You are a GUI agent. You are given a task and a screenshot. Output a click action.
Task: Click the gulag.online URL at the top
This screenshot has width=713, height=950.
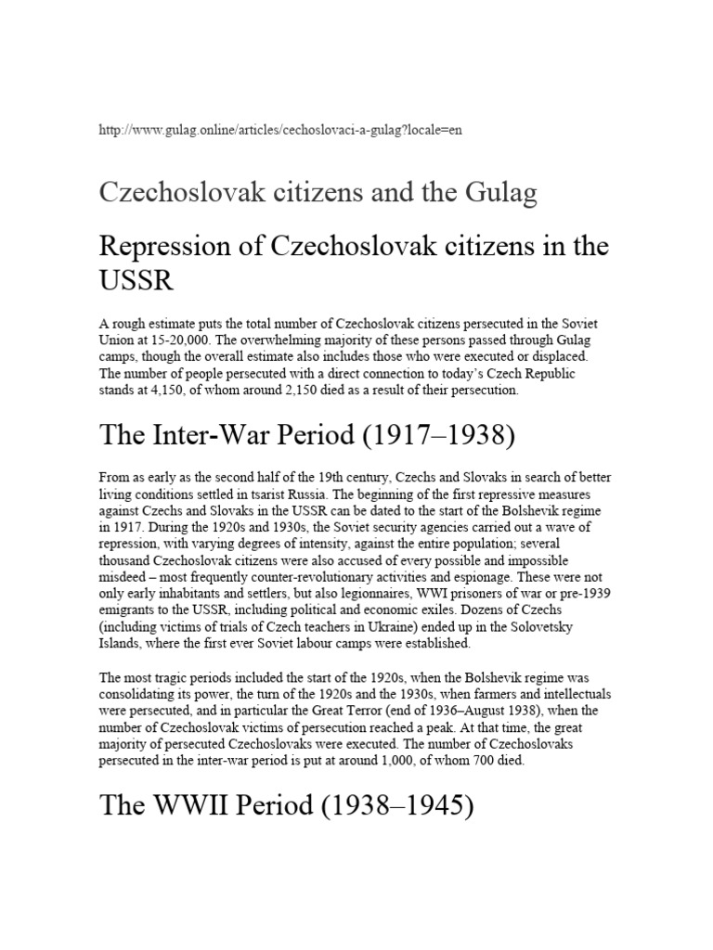[x=279, y=130]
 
